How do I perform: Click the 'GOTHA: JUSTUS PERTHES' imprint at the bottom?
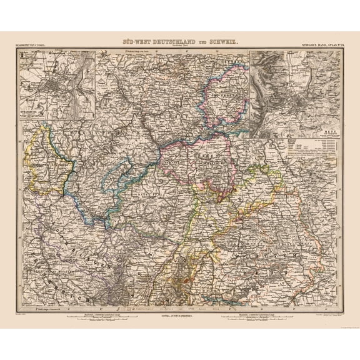click(x=180, y=315)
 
